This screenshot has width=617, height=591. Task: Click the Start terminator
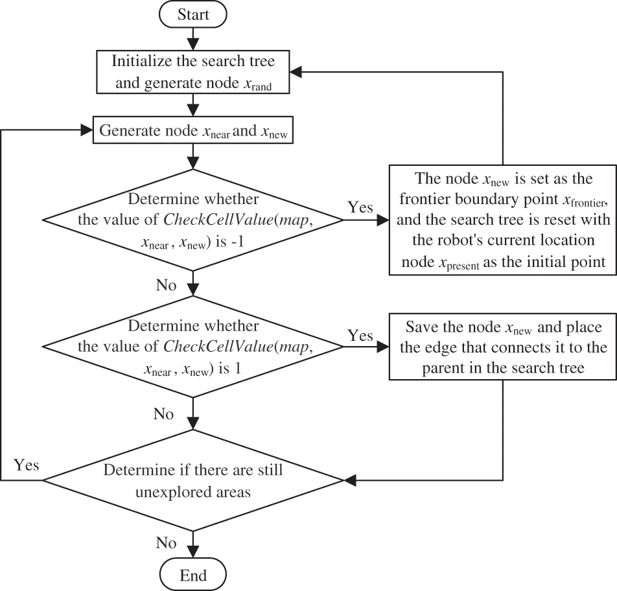click(193, 14)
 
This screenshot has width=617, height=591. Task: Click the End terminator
click(193, 575)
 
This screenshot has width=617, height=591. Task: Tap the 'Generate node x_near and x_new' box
click(193, 132)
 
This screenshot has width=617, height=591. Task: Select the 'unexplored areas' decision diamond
click(193, 480)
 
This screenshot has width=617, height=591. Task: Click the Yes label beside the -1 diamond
click(360, 207)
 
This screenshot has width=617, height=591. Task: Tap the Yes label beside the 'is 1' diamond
click(360, 336)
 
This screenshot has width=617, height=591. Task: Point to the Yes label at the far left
click(27, 465)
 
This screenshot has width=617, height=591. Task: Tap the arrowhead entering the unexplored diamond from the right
click(350, 480)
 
